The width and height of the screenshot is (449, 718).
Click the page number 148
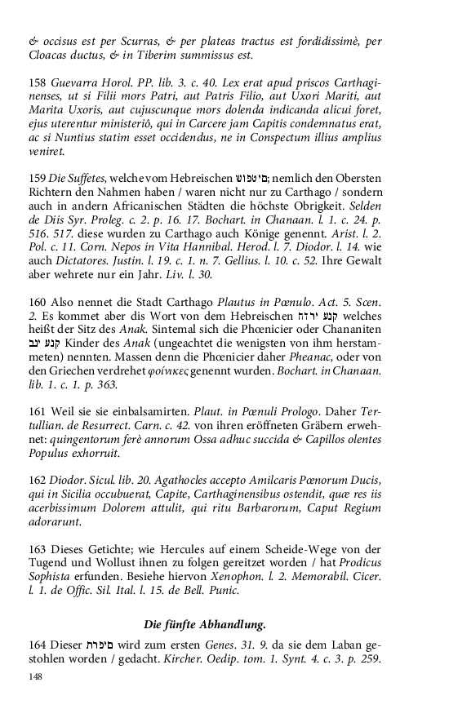[34, 676]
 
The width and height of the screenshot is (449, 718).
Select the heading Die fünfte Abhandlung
[206, 625]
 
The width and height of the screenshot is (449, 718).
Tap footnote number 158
[38, 84]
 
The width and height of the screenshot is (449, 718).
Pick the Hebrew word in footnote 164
[107, 646]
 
